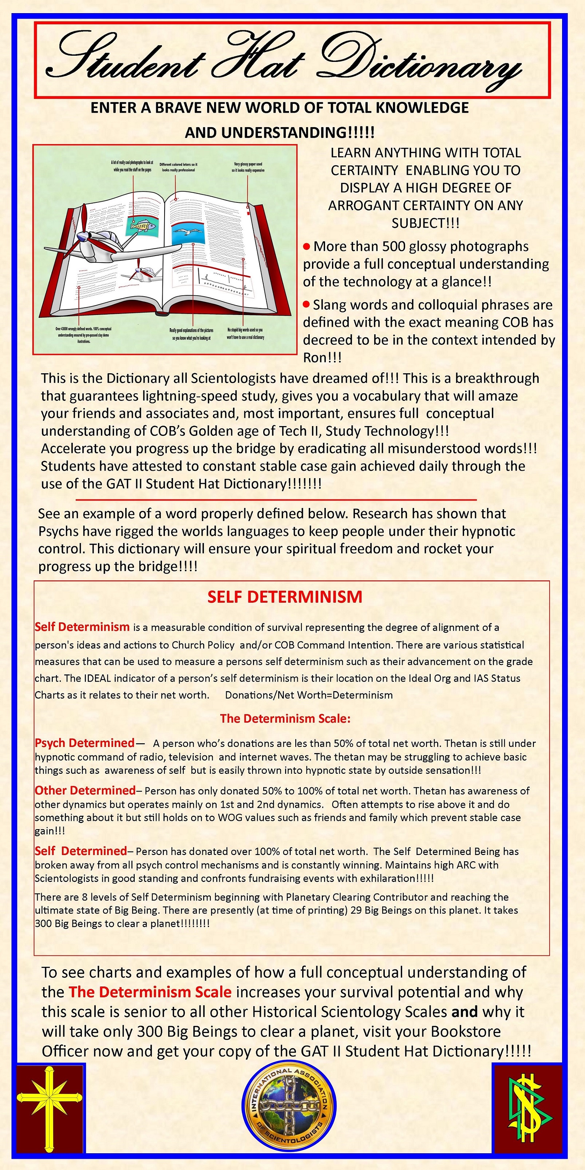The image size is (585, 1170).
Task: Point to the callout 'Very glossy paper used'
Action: point(248,167)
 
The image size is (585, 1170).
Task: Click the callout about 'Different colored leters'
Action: point(178,167)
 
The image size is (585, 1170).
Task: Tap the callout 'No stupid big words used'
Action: point(245,334)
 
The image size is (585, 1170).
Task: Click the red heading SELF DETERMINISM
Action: point(285,597)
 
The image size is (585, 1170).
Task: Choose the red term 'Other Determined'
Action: point(85,790)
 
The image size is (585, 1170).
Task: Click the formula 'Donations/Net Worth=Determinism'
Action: point(309,695)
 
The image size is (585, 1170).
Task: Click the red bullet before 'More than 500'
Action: point(307,247)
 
